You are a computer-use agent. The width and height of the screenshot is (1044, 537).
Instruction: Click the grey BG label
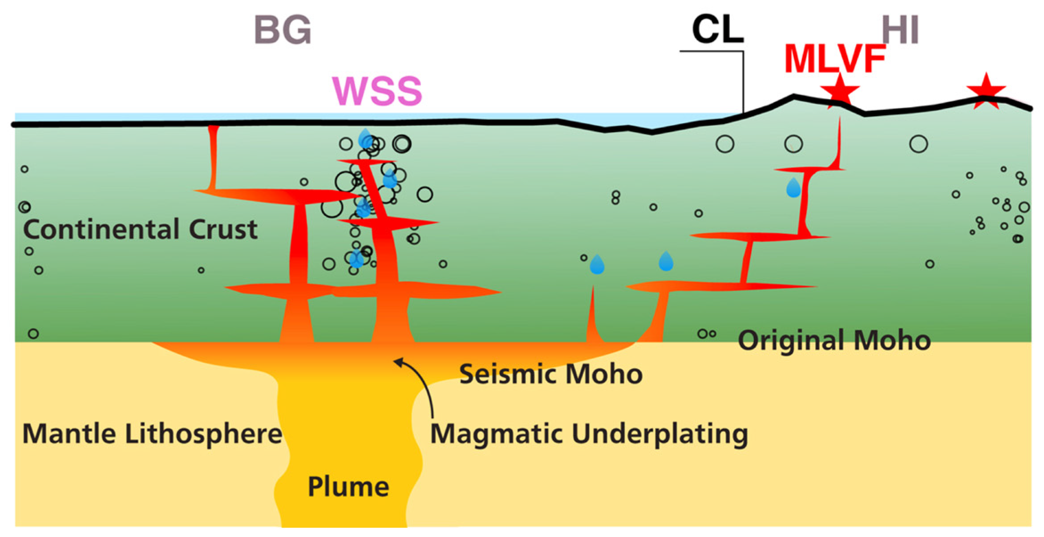[x=283, y=30]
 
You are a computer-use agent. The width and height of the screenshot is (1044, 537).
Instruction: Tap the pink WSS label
[x=377, y=91]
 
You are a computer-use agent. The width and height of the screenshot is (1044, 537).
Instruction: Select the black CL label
[x=717, y=30]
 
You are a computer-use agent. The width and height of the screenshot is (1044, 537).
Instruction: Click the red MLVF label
[x=834, y=59]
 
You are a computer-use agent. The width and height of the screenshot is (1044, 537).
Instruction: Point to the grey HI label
[x=900, y=30]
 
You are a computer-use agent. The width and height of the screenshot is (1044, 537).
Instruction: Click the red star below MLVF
[x=840, y=91]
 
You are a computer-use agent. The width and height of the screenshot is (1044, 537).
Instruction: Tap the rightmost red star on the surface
[x=986, y=92]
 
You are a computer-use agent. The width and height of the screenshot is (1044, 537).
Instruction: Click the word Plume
[x=348, y=487]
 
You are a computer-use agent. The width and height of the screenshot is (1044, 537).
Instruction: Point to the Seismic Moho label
[x=550, y=374]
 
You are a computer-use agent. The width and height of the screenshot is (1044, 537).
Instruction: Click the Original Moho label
[x=834, y=341]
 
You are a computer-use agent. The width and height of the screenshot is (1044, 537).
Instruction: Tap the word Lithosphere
[x=203, y=434]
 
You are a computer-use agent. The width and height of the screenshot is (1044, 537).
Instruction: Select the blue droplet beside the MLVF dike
[x=793, y=188]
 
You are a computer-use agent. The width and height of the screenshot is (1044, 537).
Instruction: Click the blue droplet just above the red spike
[x=597, y=265]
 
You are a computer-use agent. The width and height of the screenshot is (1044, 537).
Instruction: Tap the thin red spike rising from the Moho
[x=593, y=316]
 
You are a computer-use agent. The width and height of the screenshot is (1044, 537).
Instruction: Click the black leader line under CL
[x=743, y=80]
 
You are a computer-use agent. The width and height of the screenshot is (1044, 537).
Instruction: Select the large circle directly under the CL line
[x=725, y=144]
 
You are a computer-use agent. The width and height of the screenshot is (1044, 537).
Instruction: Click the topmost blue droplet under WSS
[x=365, y=138]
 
